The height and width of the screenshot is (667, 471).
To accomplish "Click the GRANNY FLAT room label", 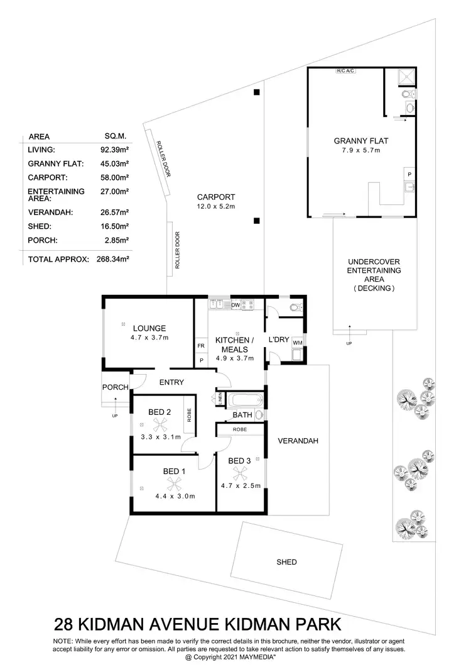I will [x=357, y=141].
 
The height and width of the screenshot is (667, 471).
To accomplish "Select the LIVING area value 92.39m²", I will [x=115, y=150].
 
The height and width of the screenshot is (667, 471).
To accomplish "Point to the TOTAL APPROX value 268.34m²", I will [x=112, y=259].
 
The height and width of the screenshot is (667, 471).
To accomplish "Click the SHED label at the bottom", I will [x=286, y=562].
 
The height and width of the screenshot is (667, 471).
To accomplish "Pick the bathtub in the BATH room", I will [x=245, y=400].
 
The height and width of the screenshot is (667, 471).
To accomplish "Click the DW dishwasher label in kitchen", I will [x=235, y=305].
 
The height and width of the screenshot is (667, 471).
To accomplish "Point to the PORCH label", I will [x=116, y=387].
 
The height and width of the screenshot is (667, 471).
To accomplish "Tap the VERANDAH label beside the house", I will [x=298, y=441].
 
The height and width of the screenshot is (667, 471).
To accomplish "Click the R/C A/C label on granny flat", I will [x=346, y=71].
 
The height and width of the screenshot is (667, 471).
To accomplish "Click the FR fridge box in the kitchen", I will [x=201, y=346].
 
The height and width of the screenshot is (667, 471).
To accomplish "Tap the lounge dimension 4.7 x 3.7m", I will [x=149, y=338].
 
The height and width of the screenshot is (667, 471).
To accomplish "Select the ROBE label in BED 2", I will [x=189, y=414].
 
